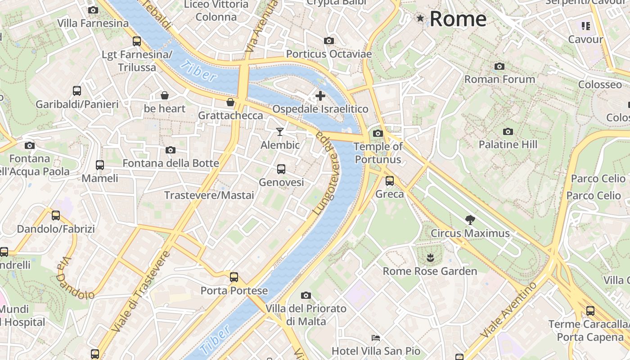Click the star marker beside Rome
coord(420,18)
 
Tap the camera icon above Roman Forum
coord(499,67)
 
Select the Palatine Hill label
coord(508,144)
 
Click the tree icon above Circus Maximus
coord(470,220)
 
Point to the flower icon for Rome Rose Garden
coord(430,258)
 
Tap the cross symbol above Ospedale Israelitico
coord(320,96)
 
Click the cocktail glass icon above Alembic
coord(280,131)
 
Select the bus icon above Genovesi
coord(281,169)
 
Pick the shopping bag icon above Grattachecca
coord(230,102)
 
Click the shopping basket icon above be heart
coord(165,95)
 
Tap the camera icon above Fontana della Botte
coord(171,150)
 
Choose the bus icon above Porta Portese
coord(234,277)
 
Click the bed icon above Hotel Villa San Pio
coord(376,337)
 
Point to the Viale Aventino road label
coord(508,310)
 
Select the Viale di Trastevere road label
coord(141,292)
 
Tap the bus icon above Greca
coord(390,181)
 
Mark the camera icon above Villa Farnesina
coord(93,10)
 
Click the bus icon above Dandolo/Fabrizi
coord(56,216)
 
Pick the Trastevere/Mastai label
coord(209,195)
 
